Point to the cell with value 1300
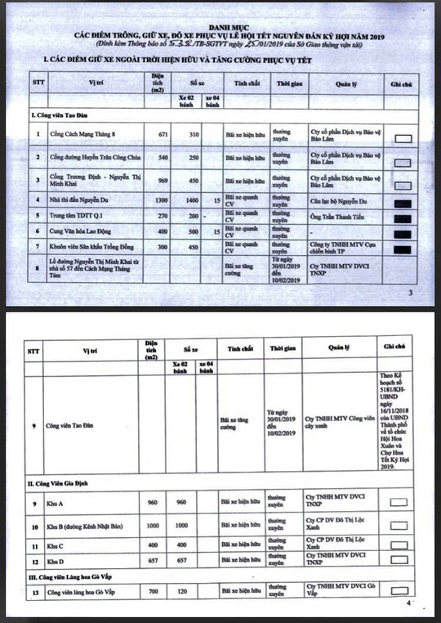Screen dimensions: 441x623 pyautogui.click(x=162, y=199)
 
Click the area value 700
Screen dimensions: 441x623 pyautogui.click(x=152, y=589)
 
